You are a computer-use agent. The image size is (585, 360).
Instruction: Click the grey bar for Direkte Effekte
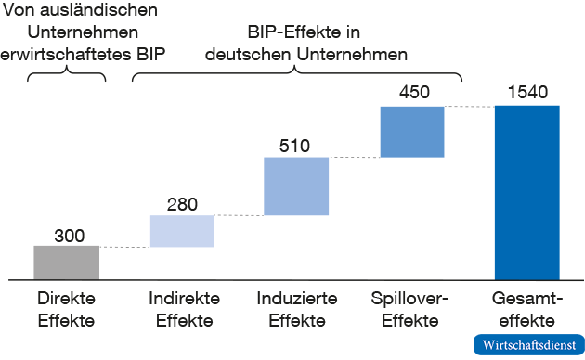[x=66, y=262]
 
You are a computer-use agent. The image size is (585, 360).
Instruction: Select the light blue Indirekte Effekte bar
[x=182, y=231]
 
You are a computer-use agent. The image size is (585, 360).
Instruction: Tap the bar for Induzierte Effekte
[x=296, y=186]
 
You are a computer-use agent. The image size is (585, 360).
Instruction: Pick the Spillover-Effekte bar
[x=411, y=131]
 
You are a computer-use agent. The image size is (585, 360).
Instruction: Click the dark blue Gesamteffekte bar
[x=527, y=192]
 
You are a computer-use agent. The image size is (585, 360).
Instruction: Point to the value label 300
[x=68, y=235]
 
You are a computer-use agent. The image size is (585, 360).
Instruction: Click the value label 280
[x=183, y=204]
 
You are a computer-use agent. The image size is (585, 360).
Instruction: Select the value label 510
[x=295, y=146]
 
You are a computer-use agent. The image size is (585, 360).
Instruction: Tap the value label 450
[x=413, y=95]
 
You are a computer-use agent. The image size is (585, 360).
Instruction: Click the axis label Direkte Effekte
[x=66, y=310]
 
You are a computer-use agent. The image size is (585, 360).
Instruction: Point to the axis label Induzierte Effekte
[x=296, y=310]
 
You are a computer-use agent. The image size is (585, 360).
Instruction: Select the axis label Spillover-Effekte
[x=410, y=310]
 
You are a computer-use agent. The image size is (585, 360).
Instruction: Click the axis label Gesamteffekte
[x=527, y=310]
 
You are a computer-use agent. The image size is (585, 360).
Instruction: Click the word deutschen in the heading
[x=248, y=54]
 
